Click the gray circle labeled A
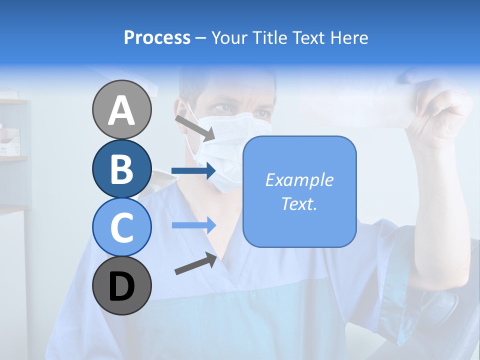[x=122, y=109]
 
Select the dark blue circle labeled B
[x=122, y=168]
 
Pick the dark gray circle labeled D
[x=122, y=286]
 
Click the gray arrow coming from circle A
[x=194, y=127]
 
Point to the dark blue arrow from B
[x=193, y=171]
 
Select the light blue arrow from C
[x=193, y=225]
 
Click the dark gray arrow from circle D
[x=195, y=263]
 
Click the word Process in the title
[x=157, y=37]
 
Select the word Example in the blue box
[x=299, y=180]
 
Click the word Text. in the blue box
[x=299, y=203]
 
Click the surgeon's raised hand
[x=440, y=115]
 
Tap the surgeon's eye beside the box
[x=260, y=113]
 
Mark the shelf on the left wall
[x=12, y=159]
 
